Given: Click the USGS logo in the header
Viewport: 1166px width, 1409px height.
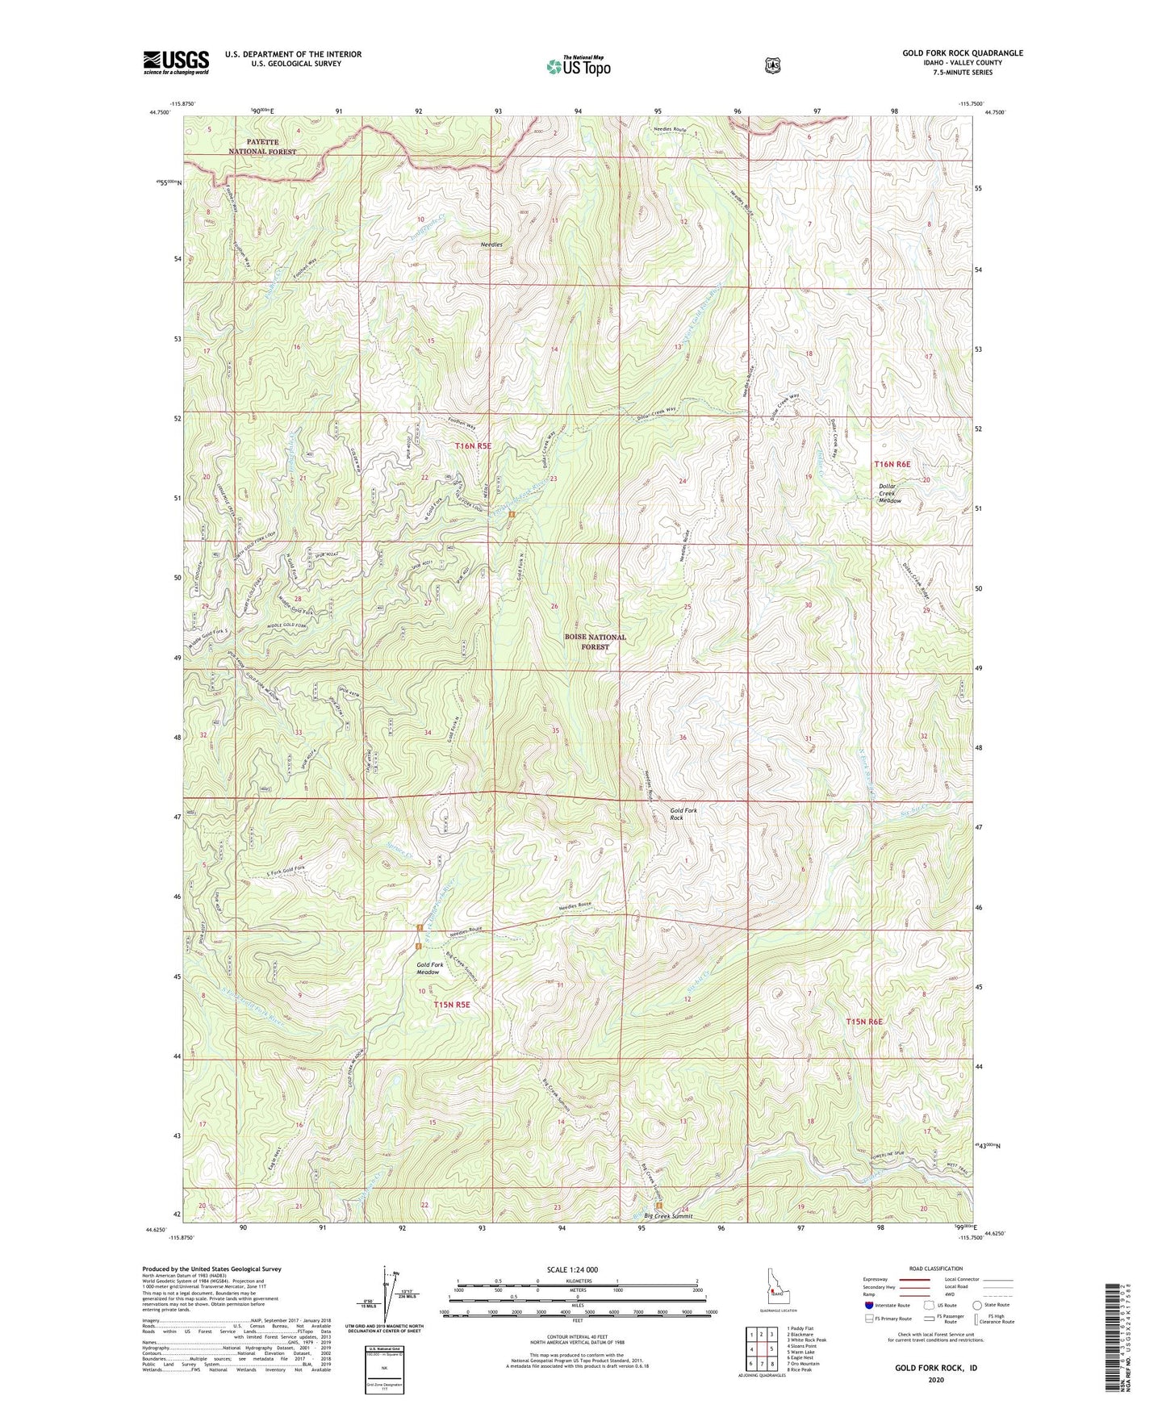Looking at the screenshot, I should (x=176, y=62).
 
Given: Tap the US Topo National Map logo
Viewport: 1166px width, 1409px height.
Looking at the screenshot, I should (x=577, y=66).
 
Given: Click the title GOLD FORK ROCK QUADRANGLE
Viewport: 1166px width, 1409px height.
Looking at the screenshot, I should (x=962, y=53).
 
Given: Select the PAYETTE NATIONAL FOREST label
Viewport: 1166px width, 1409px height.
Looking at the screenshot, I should (x=261, y=146).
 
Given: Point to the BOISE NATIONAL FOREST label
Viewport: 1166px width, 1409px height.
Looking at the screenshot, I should (x=595, y=642).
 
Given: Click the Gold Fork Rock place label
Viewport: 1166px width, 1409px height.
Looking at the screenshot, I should (x=683, y=813).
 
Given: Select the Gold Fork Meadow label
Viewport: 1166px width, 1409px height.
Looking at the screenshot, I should (x=429, y=968).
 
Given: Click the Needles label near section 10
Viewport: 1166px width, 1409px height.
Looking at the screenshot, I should (x=491, y=245).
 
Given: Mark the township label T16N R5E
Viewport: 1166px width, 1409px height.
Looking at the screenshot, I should (x=472, y=445).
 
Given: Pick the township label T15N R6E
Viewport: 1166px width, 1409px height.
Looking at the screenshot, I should (x=863, y=1022).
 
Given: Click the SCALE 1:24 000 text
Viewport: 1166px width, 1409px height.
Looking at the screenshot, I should (x=572, y=1269).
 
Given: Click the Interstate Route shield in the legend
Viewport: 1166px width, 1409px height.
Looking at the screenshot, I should (x=868, y=1305).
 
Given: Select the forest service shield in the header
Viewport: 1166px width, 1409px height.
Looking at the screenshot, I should (x=772, y=65).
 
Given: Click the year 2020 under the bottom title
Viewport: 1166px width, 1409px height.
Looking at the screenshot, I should (x=935, y=1379).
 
